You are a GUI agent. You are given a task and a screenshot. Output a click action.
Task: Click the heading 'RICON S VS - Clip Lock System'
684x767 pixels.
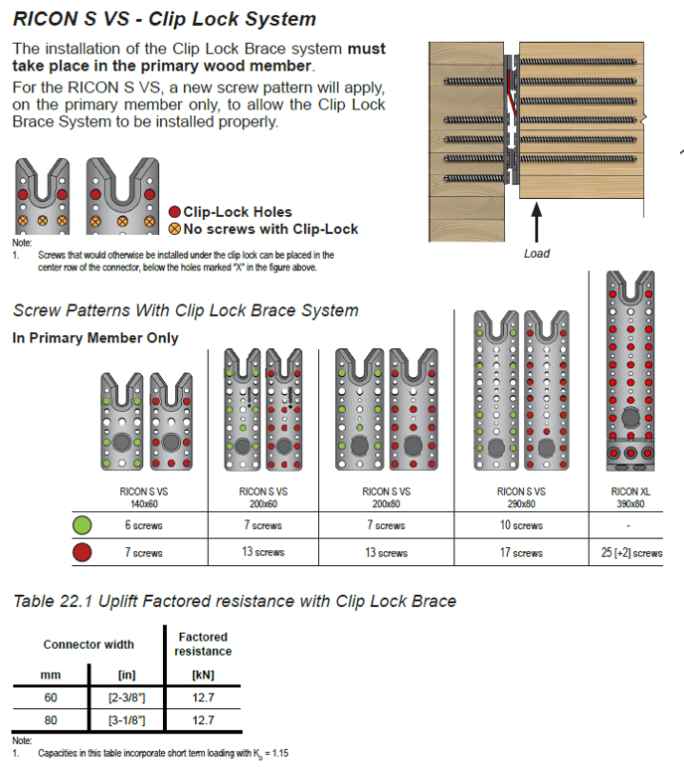click(x=164, y=19)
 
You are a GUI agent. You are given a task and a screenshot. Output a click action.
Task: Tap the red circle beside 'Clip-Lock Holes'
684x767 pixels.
click(x=175, y=212)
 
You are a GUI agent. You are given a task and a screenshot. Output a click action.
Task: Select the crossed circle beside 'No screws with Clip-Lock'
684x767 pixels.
click(x=175, y=229)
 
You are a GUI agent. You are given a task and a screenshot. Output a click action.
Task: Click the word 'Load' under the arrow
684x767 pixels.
click(x=537, y=254)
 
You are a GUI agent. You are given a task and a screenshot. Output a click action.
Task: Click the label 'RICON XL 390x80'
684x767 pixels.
click(x=631, y=497)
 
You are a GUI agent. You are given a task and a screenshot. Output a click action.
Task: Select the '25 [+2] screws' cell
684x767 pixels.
click(x=631, y=553)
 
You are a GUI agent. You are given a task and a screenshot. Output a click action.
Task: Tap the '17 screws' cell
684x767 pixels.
click(x=521, y=553)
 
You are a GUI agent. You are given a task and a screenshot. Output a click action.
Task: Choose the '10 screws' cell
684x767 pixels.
click(x=521, y=525)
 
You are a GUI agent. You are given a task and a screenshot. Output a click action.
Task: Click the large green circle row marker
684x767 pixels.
click(x=84, y=525)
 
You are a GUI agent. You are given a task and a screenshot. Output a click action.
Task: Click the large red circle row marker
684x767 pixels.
click(x=84, y=553)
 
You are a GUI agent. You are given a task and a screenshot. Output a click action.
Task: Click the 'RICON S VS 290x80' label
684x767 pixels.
click(x=521, y=497)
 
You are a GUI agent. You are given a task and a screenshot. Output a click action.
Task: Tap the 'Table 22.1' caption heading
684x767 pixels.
click(x=234, y=600)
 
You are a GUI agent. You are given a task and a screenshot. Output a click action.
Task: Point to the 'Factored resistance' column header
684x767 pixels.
click(x=203, y=644)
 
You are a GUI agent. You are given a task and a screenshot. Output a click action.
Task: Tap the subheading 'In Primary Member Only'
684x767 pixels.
click(x=95, y=338)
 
